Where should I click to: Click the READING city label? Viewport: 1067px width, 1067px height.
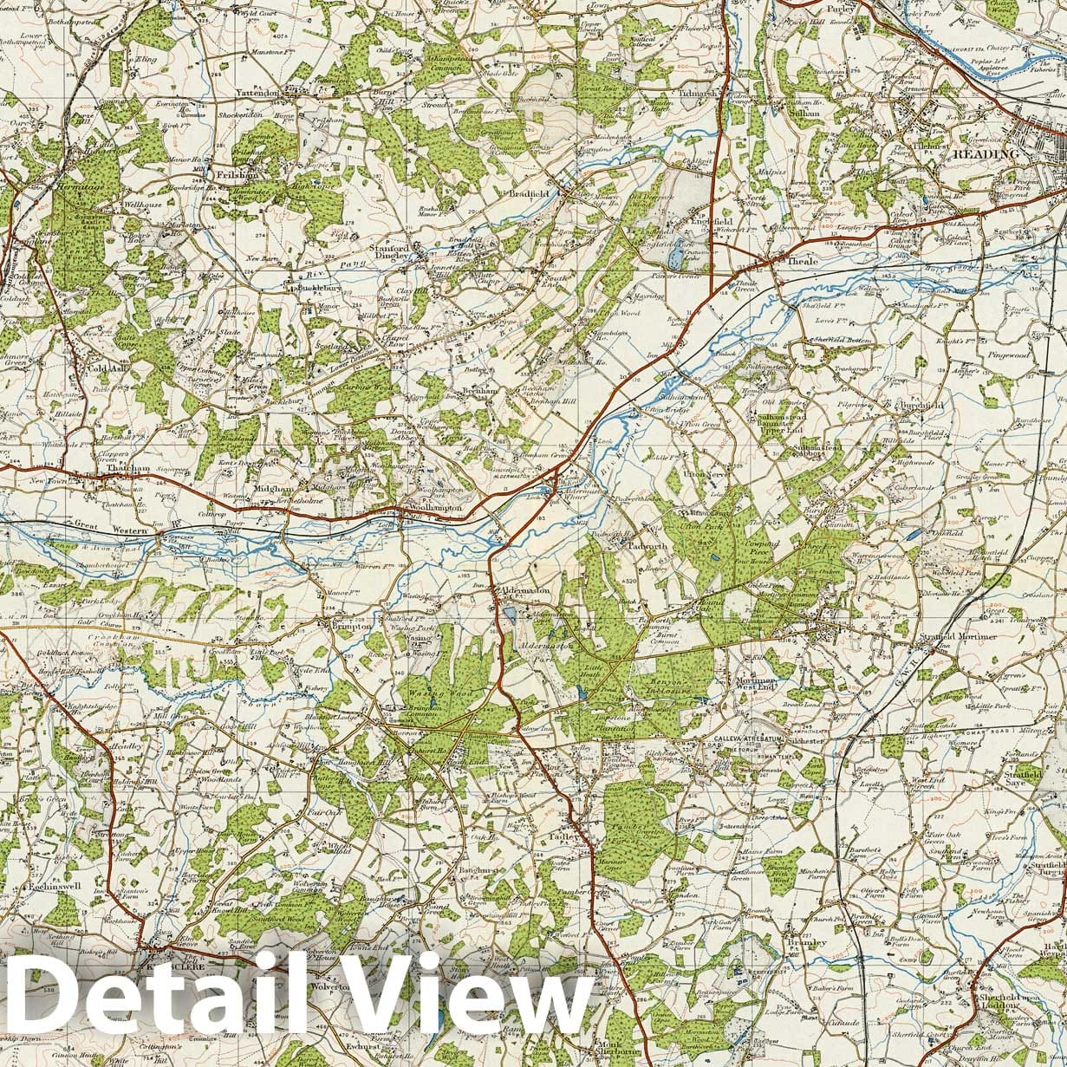coord(986,154)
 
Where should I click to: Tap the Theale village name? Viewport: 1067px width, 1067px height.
coord(797,260)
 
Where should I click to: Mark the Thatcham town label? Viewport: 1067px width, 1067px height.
coord(128,468)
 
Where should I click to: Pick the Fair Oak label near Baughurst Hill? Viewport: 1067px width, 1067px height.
coord(318,813)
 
